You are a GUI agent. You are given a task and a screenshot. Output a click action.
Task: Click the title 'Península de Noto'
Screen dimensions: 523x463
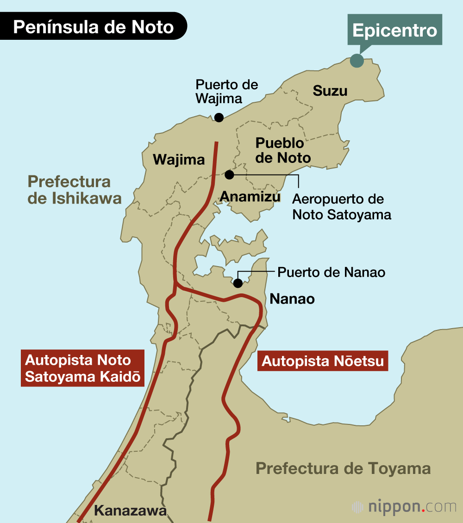[x=94, y=27]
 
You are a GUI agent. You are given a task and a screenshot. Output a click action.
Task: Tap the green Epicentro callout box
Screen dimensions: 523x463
[x=394, y=30]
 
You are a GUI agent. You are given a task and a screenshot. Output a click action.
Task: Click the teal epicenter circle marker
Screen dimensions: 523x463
[x=357, y=61]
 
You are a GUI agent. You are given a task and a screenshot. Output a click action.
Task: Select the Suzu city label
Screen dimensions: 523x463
[x=330, y=91]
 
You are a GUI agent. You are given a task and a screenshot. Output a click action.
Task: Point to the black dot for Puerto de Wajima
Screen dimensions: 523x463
[x=219, y=118]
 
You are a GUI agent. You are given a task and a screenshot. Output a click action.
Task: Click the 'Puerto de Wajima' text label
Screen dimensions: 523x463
[x=226, y=92]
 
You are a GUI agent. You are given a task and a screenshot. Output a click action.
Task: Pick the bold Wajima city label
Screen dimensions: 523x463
[x=179, y=160]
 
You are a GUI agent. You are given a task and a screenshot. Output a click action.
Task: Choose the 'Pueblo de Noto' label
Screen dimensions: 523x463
[x=283, y=150]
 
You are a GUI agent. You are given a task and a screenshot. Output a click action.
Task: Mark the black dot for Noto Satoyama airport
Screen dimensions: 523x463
[x=229, y=174]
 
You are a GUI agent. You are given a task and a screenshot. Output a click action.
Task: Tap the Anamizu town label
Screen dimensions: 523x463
[x=250, y=197]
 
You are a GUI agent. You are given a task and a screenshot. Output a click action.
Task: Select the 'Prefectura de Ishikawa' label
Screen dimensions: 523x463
[x=75, y=190]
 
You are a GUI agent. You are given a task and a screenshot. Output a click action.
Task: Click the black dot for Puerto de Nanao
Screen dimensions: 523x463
[x=238, y=283]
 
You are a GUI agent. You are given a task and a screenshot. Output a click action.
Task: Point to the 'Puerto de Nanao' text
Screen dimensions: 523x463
[x=331, y=272]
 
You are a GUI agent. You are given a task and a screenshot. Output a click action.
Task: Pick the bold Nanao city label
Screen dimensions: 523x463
[x=292, y=299]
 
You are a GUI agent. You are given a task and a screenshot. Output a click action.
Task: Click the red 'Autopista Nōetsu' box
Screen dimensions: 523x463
[x=323, y=361]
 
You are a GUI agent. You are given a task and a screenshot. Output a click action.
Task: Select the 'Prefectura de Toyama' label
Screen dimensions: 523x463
[x=343, y=468]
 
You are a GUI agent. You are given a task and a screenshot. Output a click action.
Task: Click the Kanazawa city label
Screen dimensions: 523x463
[x=130, y=511]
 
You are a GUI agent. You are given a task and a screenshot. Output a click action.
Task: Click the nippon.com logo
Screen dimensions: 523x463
[x=404, y=507]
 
